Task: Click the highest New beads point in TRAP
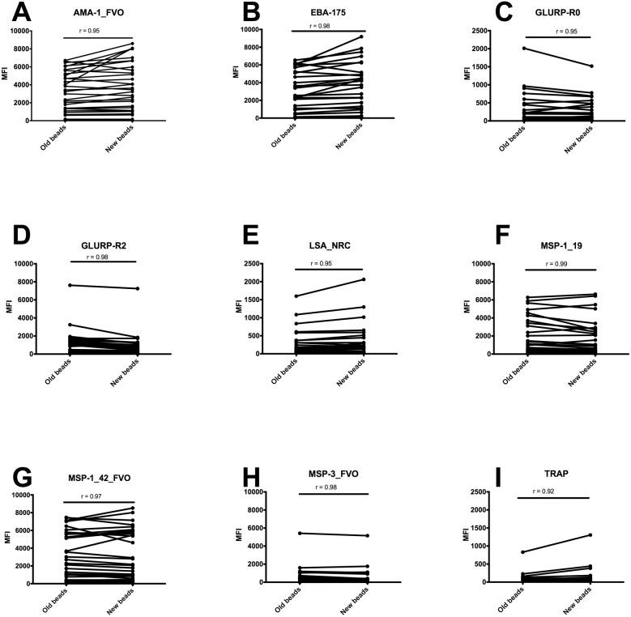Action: [x=590, y=534]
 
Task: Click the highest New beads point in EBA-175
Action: [x=361, y=36]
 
